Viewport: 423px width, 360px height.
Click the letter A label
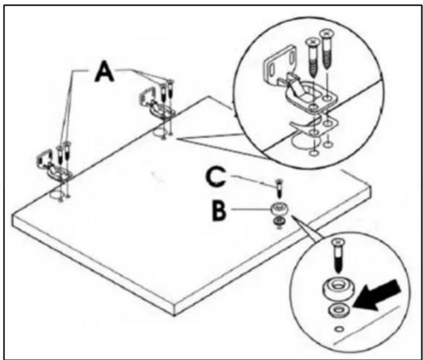point(105,71)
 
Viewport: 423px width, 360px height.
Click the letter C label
point(215,177)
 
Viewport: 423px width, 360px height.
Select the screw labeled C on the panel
point(279,189)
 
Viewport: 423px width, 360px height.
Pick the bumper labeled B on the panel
point(279,209)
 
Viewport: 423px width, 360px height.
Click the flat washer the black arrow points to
point(339,311)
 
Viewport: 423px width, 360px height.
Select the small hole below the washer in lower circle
point(339,329)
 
